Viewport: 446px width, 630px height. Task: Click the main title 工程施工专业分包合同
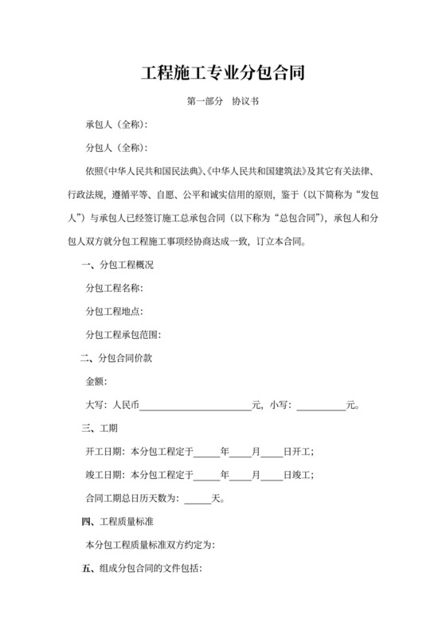pos(223,74)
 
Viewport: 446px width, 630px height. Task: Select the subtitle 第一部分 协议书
pos(223,102)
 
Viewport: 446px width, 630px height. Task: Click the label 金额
pos(96,382)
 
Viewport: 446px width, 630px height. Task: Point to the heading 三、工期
pos(100,429)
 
